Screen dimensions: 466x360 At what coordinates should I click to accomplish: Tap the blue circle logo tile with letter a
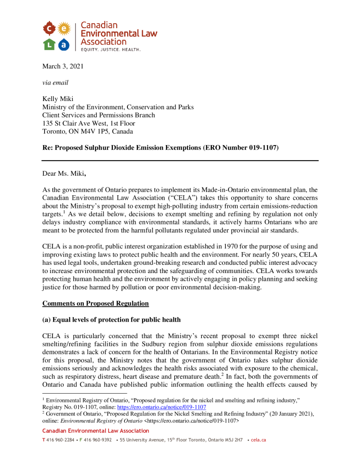coord(64,44)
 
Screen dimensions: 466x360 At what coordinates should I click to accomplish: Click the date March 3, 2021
coord(63,66)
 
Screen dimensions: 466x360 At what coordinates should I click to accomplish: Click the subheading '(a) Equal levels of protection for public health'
coord(112,320)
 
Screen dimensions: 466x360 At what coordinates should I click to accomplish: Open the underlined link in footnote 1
coord(162,407)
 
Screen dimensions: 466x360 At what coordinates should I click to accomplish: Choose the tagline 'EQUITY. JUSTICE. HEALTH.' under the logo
coord(111,49)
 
